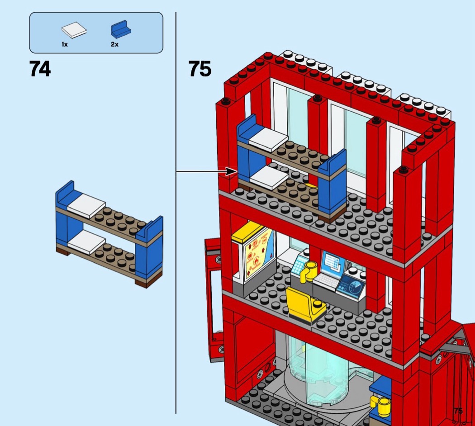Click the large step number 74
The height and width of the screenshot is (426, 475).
pos(40,69)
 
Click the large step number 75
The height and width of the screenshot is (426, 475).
pos(199,69)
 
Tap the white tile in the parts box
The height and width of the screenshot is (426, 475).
pos(74,31)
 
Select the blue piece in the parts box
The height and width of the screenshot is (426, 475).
pos(121,30)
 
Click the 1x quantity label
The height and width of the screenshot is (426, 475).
pos(65,44)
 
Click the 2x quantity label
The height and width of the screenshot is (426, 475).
pos(114,44)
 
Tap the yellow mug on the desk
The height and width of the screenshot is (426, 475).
pos(311,270)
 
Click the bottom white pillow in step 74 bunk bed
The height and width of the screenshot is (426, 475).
pos(86,242)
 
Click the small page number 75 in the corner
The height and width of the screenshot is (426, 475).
pos(458,411)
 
